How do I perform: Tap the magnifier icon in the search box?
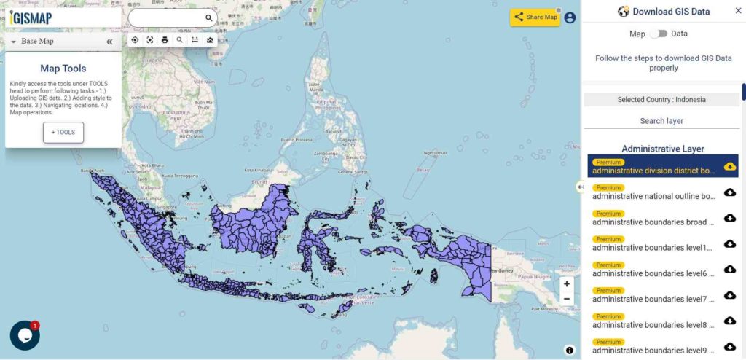[209, 18]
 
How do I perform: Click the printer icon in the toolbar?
[165, 40]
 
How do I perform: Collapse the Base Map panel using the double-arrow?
[109, 42]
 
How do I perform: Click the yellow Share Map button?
[535, 17]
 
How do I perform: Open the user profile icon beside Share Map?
[570, 17]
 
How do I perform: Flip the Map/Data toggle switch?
[659, 34]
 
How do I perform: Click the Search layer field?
[661, 121]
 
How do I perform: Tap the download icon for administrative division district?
[730, 167]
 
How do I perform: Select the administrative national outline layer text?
[653, 196]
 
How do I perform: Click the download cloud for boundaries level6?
[730, 269]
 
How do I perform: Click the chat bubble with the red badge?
[25, 335]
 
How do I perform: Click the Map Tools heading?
[63, 69]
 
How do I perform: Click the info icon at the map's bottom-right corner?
[570, 351]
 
